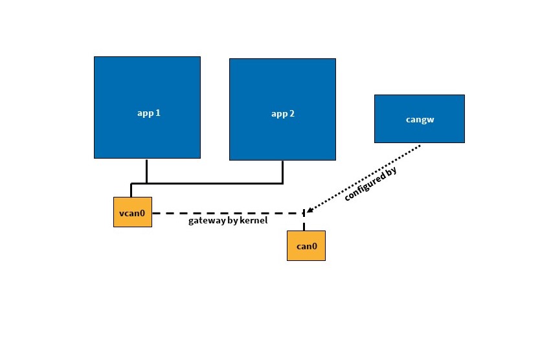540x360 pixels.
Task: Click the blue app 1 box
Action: coord(147,84)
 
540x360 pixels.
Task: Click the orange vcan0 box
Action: coord(133,212)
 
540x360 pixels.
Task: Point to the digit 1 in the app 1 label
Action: coord(157,113)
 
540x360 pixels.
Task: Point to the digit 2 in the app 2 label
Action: coord(292,114)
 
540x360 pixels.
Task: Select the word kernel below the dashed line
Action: coord(254,221)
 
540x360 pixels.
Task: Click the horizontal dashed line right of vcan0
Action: coord(227,212)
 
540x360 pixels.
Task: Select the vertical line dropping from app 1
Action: coord(147,170)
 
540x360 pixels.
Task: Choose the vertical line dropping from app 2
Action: coord(283,172)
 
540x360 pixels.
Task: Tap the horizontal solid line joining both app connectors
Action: coord(214,183)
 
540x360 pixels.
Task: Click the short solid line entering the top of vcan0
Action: coord(131,190)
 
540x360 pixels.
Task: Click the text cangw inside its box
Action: coord(419,120)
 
